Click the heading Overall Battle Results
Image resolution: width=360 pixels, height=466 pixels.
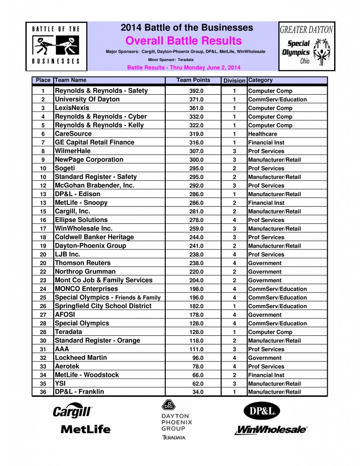183,41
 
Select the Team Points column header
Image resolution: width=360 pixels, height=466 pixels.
193,80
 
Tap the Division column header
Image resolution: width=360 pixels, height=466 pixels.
234,81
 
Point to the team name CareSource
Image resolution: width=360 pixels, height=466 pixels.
73,134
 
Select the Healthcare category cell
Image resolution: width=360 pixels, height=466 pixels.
262,134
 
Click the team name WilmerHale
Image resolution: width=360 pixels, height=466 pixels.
72,151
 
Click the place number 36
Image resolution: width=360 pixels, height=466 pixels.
43,392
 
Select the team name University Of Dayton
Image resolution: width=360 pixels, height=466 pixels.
87,99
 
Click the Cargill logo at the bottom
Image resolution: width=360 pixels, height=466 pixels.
73,411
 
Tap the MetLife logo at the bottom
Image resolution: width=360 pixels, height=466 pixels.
86,429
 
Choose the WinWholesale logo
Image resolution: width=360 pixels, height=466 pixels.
271,430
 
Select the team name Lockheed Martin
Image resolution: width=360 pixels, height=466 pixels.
81,358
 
